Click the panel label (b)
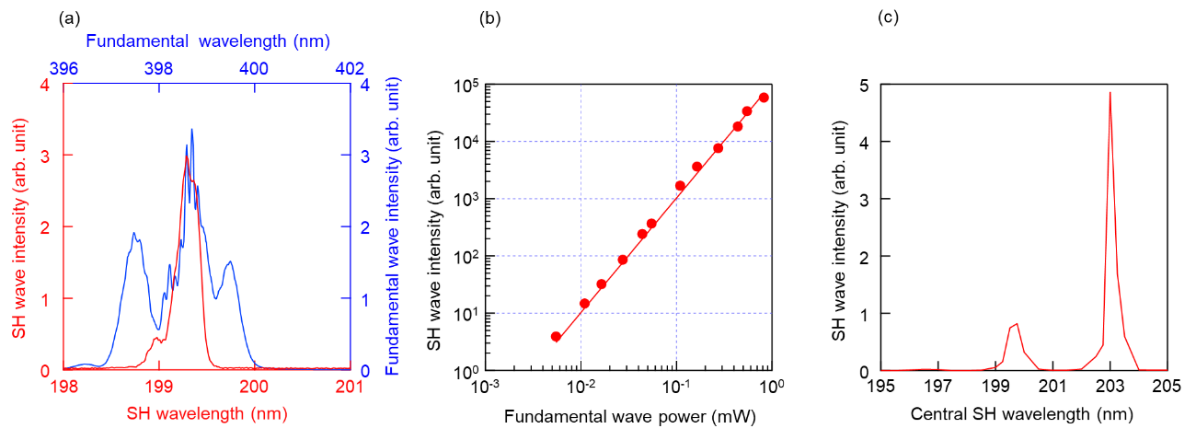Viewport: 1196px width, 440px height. tap(489, 18)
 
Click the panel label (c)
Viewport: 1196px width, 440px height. tap(890, 18)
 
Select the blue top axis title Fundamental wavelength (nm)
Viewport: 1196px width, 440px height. tap(207, 41)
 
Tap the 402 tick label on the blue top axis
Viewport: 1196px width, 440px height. tap(350, 69)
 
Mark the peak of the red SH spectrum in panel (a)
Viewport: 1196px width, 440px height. tap(187, 157)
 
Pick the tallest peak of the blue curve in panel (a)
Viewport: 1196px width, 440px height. tap(191, 130)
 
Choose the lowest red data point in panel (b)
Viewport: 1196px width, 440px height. tap(556, 337)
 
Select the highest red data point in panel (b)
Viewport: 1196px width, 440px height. tap(764, 98)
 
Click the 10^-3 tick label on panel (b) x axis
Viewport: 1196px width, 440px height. tap(486, 386)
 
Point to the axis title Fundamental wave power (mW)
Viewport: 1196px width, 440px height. tap(630, 417)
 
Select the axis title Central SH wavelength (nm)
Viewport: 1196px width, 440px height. tap(1021, 415)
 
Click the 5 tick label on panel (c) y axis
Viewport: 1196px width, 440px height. tap(863, 84)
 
